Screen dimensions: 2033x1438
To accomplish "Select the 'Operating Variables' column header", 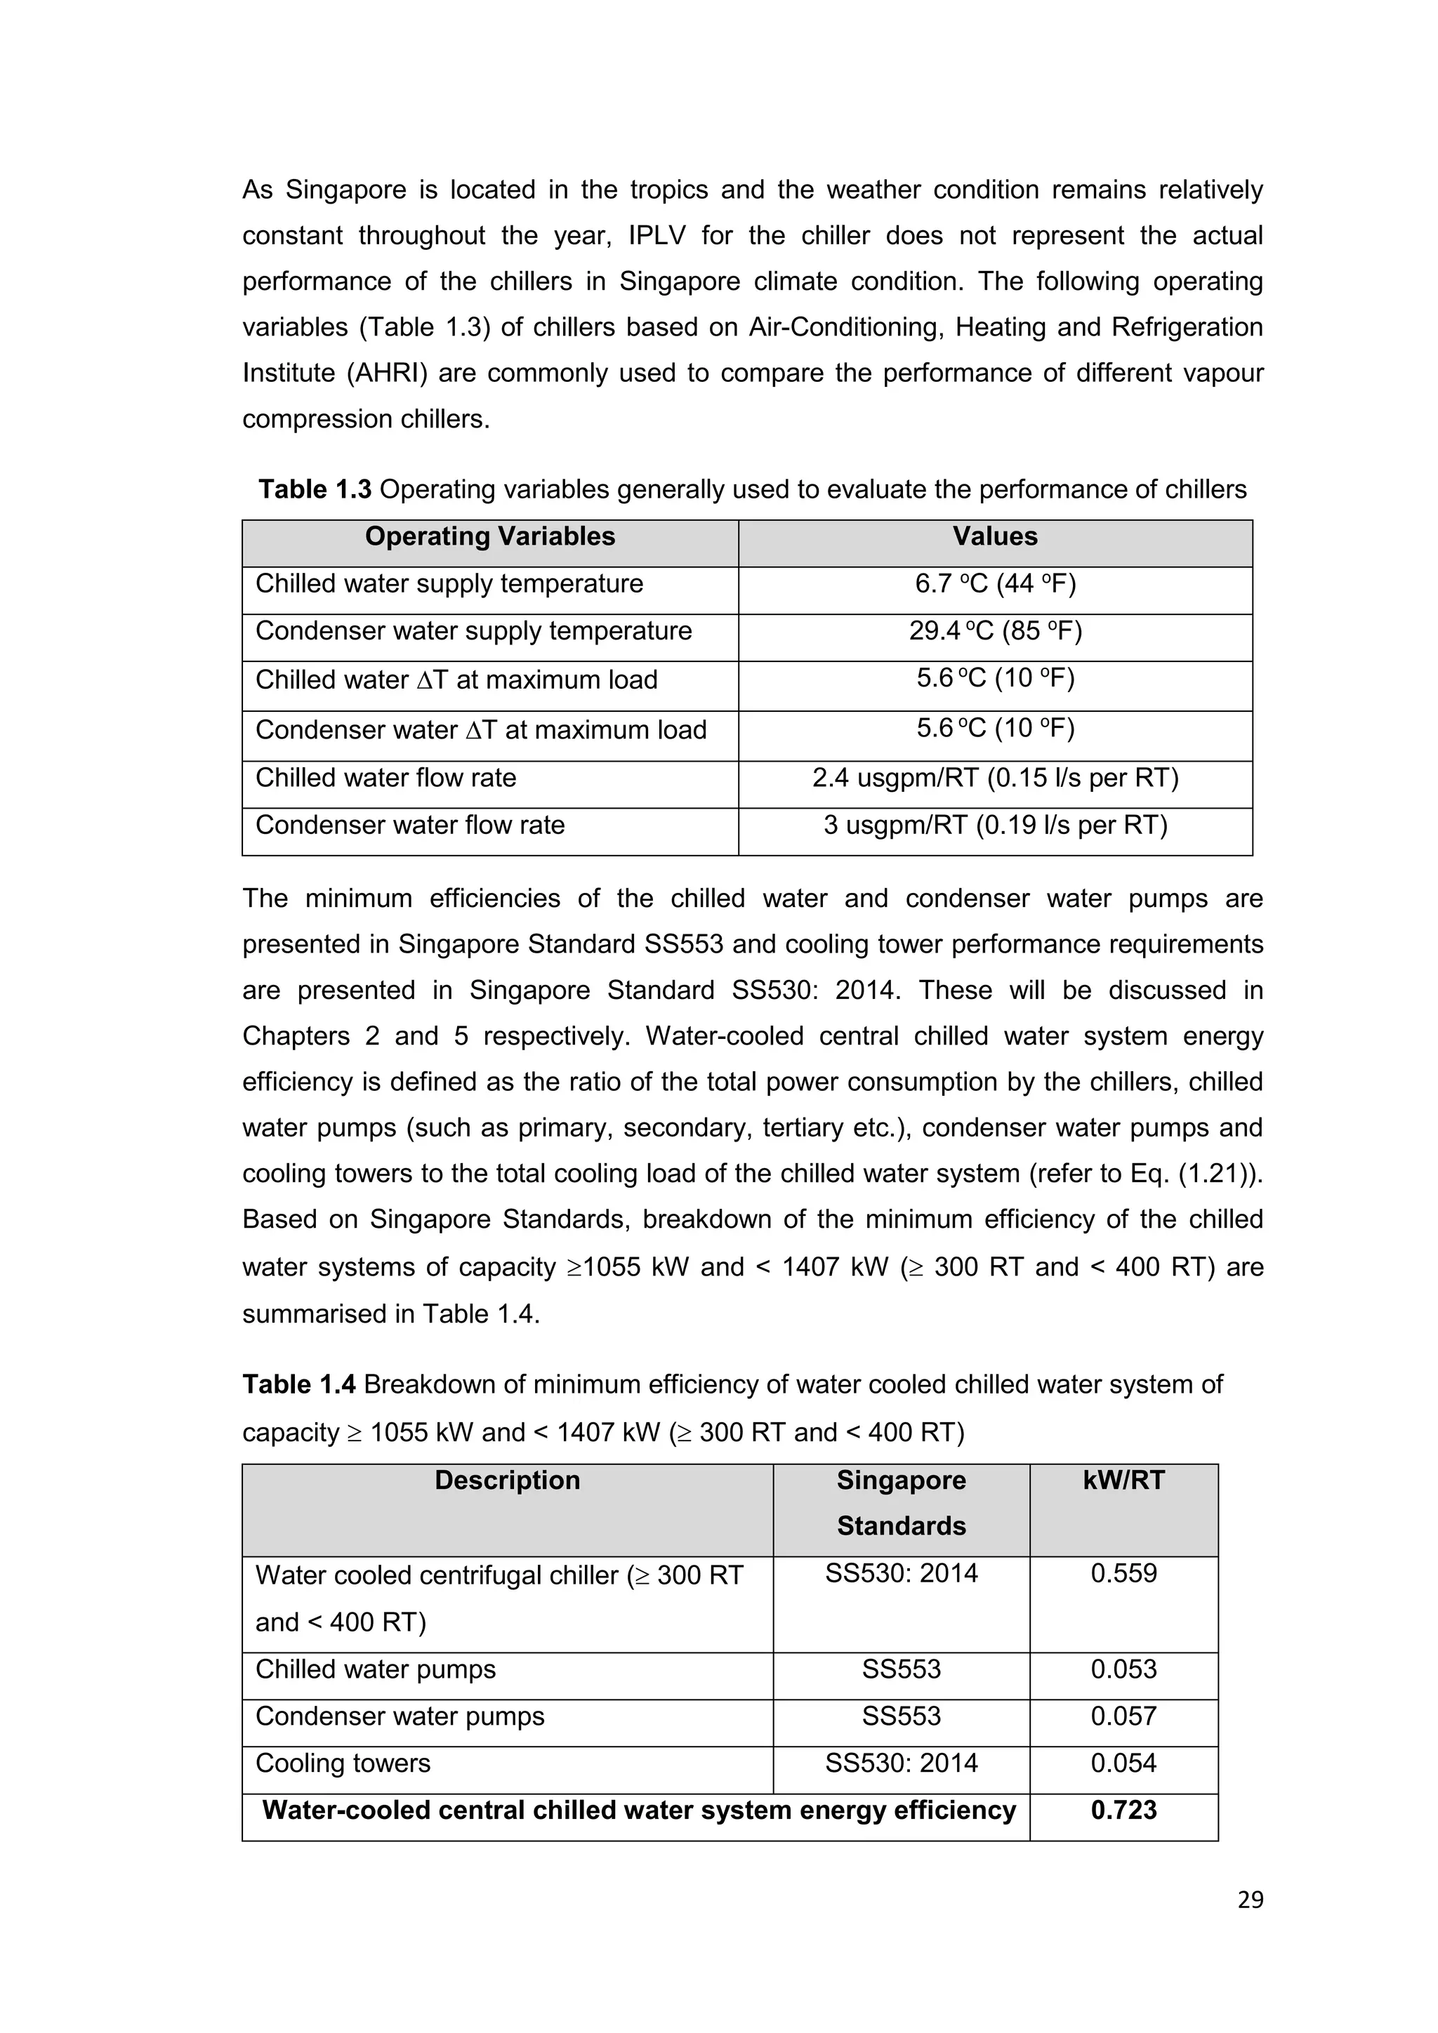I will tap(489, 536).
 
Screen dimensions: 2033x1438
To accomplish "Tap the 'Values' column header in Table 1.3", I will tap(994, 536).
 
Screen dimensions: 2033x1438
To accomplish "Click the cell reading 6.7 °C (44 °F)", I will tap(994, 584).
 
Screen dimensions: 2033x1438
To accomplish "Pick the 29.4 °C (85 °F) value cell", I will tap(994, 631).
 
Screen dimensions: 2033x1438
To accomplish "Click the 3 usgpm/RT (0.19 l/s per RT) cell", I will tap(994, 826).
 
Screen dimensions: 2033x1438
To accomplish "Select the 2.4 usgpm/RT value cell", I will tap(994, 779).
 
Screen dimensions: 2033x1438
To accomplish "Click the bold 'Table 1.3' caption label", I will tap(315, 490).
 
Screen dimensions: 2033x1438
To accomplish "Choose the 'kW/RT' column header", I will tap(1123, 1481).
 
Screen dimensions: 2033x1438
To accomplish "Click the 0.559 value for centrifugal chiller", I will tap(1123, 1573).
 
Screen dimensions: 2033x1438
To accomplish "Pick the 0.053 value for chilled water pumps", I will tap(1123, 1669).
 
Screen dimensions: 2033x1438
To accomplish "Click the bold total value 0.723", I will tap(1123, 1810).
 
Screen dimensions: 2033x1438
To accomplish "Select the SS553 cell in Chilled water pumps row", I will tap(901, 1669).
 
